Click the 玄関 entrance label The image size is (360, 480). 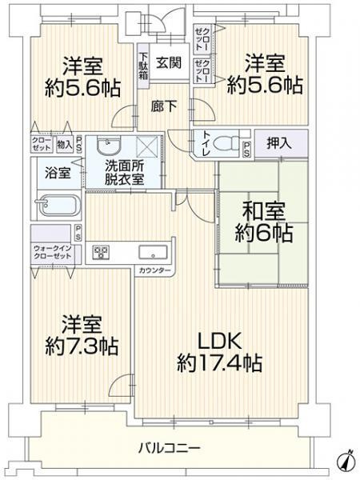[x=167, y=63]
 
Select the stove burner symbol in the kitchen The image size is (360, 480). [x=102, y=252]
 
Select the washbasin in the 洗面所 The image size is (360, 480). [x=106, y=146]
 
